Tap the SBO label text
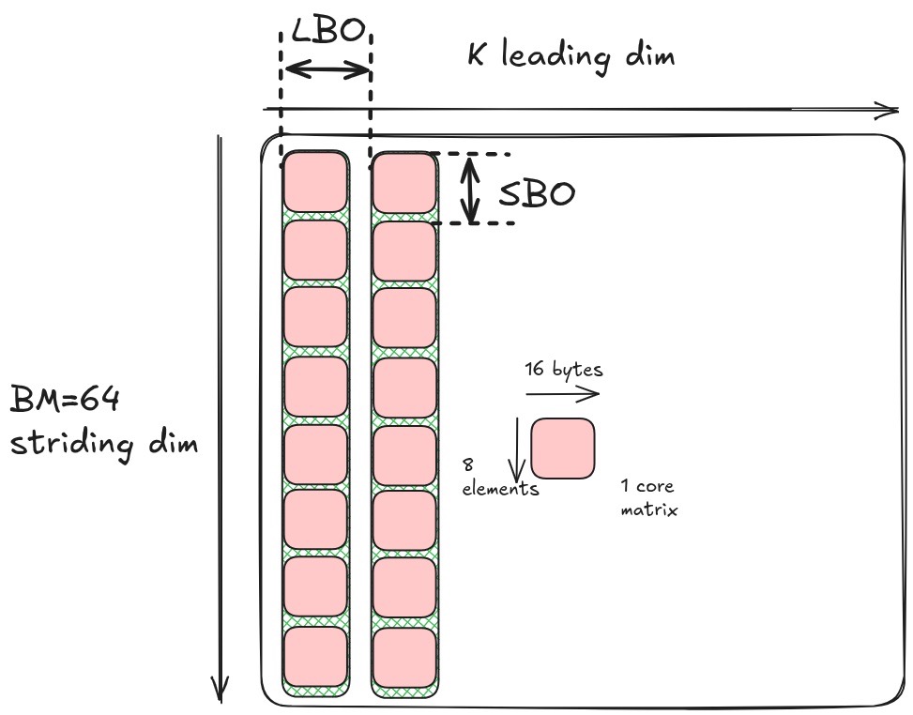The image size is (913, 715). [536, 194]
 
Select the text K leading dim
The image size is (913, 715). [571, 56]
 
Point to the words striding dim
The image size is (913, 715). [103, 441]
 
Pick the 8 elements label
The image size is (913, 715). [499, 476]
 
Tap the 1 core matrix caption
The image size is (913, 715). [648, 498]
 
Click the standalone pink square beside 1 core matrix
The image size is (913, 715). [563, 448]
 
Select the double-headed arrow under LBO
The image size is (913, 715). [327, 69]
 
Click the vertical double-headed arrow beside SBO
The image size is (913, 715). [472, 190]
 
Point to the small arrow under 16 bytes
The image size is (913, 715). [563, 395]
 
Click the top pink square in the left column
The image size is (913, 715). [315, 181]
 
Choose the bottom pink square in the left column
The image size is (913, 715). [315, 657]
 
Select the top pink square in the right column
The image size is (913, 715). [404, 181]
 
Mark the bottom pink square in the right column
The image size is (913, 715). [404, 657]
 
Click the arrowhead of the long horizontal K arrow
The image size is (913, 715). [890, 111]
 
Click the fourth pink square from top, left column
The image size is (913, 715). [315, 387]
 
